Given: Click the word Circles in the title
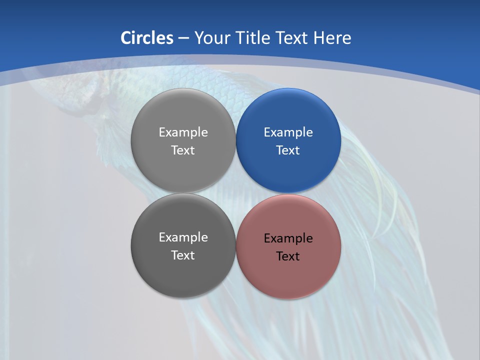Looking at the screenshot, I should pyautogui.click(x=147, y=38).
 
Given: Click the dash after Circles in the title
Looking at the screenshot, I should pyautogui.click(x=183, y=38).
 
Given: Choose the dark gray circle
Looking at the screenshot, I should pyautogui.click(x=183, y=272).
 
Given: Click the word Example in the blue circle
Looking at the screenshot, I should pyautogui.click(x=288, y=132).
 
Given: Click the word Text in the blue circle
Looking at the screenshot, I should pyautogui.click(x=288, y=150).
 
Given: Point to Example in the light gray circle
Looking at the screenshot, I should pyautogui.click(x=183, y=132).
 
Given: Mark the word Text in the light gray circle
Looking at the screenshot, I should pyautogui.click(x=183, y=150).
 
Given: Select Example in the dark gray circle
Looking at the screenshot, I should pyautogui.click(x=183, y=237).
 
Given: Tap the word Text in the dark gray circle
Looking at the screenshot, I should pyautogui.click(x=183, y=255).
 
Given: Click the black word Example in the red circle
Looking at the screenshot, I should pyautogui.click(x=288, y=238).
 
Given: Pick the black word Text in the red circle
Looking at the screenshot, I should pyautogui.click(x=288, y=256).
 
